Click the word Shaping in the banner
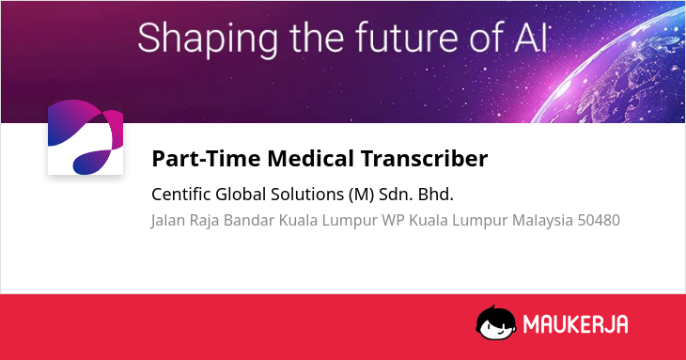208,39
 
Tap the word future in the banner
407,38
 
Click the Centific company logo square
86,137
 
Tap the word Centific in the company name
181,194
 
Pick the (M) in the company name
362,195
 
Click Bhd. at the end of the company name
436,194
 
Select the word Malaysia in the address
542,221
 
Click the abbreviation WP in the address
393,220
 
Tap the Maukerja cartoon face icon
496,322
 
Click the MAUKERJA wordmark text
576,324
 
